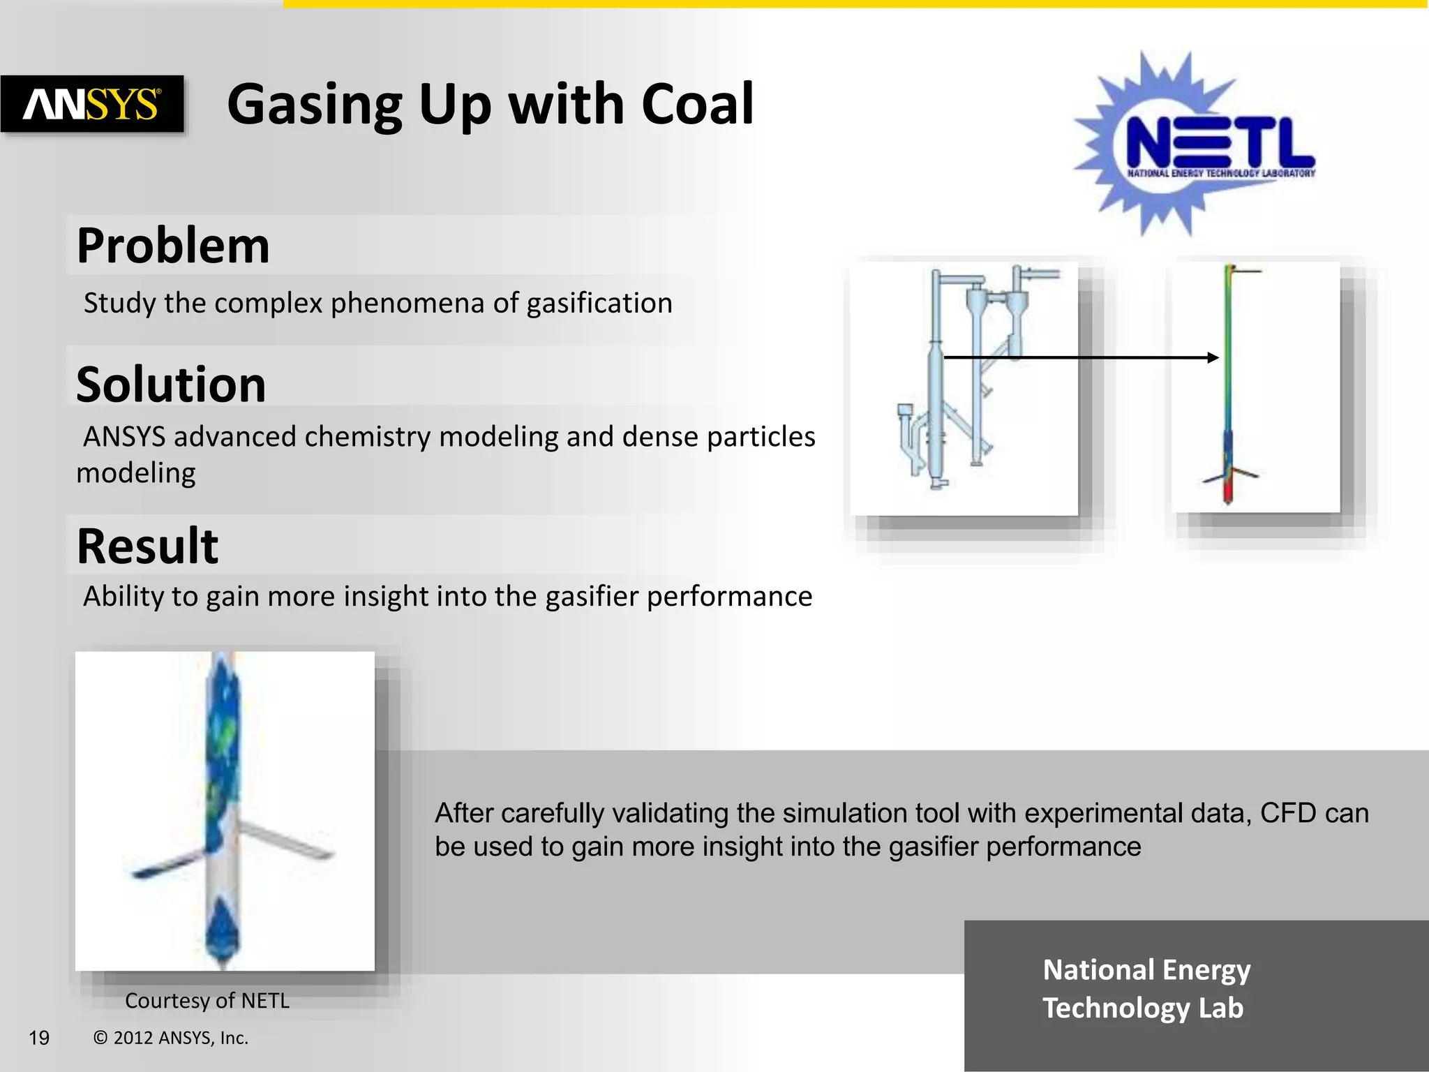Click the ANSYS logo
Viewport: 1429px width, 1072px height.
(92, 104)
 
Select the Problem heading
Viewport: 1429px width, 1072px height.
(173, 246)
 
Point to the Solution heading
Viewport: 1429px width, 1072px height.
(171, 385)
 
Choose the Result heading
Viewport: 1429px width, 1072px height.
(147, 546)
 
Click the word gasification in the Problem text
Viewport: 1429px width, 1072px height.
(599, 304)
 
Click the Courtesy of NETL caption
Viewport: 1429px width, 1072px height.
(207, 1001)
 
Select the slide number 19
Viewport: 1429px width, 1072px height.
(39, 1038)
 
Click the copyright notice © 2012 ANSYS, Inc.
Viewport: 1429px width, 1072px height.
(171, 1038)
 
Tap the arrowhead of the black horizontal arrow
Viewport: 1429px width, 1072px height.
(1213, 357)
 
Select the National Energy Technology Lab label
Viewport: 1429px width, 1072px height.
(1146, 989)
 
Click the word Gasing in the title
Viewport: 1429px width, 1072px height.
(315, 105)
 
